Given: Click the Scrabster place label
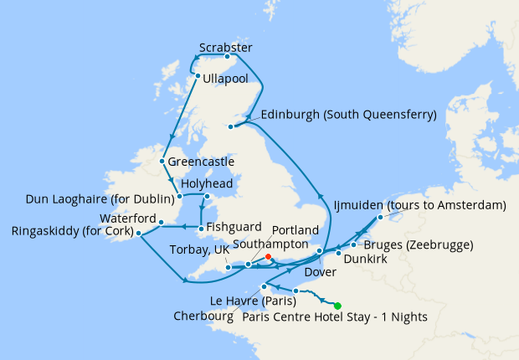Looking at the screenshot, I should [x=226, y=47].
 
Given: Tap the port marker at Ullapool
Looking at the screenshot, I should [x=198, y=77].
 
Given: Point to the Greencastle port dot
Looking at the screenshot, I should [x=162, y=161].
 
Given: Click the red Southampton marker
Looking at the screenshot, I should [x=268, y=257].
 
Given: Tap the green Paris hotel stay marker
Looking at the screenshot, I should [x=337, y=306].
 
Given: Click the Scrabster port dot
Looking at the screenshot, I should [x=227, y=57].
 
